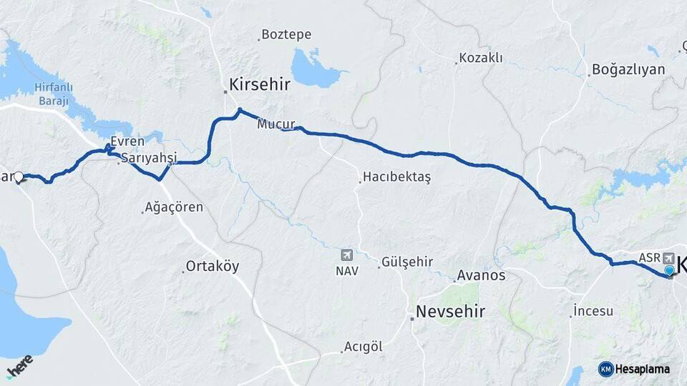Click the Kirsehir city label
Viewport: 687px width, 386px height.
[x=259, y=84]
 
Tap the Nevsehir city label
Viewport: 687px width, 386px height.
[x=451, y=312]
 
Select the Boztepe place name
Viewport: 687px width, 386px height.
[x=286, y=34]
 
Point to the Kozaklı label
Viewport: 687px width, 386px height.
[x=482, y=58]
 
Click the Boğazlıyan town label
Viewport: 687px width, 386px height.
[x=628, y=70]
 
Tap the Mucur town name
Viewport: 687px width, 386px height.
[x=276, y=124]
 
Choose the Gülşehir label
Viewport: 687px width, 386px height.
[x=407, y=262]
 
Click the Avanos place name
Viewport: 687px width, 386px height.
[x=482, y=275]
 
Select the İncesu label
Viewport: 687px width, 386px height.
[x=593, y=311]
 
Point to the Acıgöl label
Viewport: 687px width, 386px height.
[x=363, y=347]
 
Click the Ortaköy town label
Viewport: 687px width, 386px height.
[x=213, y=267]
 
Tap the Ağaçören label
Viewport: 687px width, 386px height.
[x=174, y=207]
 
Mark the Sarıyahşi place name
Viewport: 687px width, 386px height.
[x=148, y=157]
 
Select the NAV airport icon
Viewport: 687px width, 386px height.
[x=347, y=255]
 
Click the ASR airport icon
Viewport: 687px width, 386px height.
[x=668, y=257]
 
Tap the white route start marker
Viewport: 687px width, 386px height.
[x=19, y=177]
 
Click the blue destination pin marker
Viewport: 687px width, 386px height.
[x=669, y=271]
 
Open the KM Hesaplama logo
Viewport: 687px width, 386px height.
[x=635, y=369]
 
